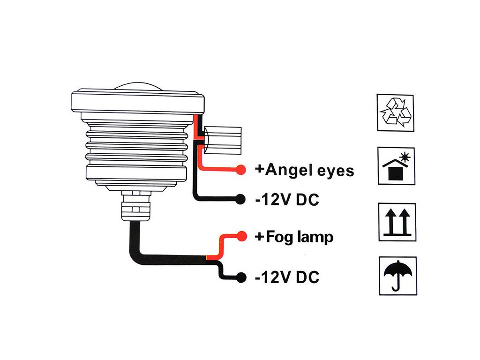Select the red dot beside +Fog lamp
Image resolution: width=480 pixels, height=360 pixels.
click(241, 236)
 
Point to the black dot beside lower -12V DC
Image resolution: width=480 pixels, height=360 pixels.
click(241, 277)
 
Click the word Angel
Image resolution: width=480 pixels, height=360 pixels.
click(288, 170)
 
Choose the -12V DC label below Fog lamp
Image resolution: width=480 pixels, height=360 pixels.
click(287, 277)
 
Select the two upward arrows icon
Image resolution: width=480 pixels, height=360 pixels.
click(397, 222)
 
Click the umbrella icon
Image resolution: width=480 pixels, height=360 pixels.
click(397, 275)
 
